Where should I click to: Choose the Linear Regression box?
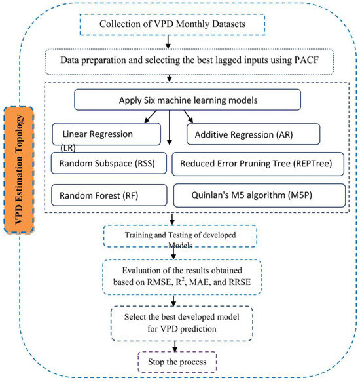coord(107,134)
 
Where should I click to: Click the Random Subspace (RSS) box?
coord(107,164)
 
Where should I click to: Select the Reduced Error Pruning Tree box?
coord(259,164)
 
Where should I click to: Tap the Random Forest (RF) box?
coord(107,194)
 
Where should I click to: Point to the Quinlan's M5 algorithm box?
coord(259,194)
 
